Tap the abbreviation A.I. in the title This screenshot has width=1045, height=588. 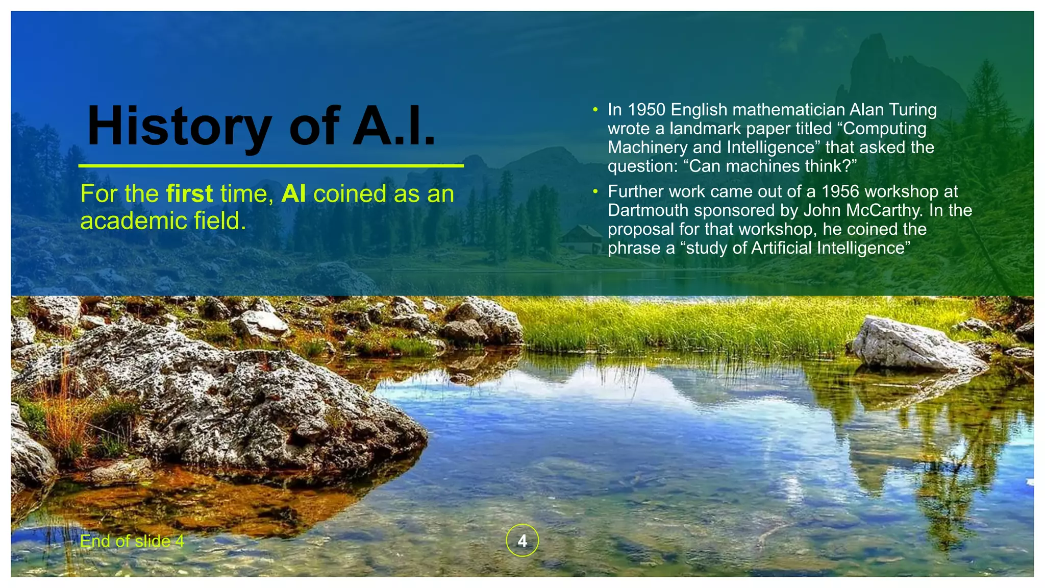coord(394,126)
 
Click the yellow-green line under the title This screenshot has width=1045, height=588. coord(270,166)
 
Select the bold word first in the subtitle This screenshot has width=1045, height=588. coord(189,194)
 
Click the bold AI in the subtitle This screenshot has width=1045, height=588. coord(293,194)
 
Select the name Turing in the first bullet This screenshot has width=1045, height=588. coord(913,110)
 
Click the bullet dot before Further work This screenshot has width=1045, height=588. coord(595,191)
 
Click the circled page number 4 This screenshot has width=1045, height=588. coord(522,541)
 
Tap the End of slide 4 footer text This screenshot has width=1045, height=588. coord(132,541)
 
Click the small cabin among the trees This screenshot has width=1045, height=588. coord(582,239)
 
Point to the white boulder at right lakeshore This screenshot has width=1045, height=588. coord(913,345)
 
